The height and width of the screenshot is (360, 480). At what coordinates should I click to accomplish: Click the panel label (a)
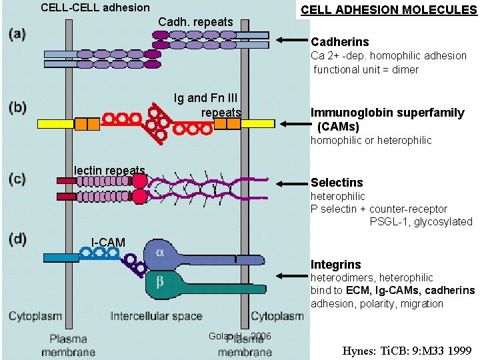coord(17,35)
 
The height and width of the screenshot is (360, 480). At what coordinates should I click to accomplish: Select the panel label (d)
coord(17,240)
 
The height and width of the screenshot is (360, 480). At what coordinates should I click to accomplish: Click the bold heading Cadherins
coord(339,43)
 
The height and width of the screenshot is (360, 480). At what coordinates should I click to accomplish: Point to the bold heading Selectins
coord(337,183)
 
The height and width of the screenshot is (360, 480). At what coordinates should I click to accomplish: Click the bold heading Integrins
coord(335,265)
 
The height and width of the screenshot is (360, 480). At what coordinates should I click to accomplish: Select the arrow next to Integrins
coord(292,275)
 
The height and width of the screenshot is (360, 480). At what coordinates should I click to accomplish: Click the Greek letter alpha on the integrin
coord(160,252)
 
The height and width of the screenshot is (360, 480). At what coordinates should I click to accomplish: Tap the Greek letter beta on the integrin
coord(160,281)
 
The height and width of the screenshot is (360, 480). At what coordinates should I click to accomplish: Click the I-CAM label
coord(108,241)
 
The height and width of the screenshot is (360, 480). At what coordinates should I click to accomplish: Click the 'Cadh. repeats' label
coord(195,22)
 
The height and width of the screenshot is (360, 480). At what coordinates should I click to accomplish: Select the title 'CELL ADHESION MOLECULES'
coord(389,10)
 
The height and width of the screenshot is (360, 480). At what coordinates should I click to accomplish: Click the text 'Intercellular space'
coord(156,316)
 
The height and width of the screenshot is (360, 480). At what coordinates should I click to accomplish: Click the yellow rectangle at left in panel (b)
coord(55,123)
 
